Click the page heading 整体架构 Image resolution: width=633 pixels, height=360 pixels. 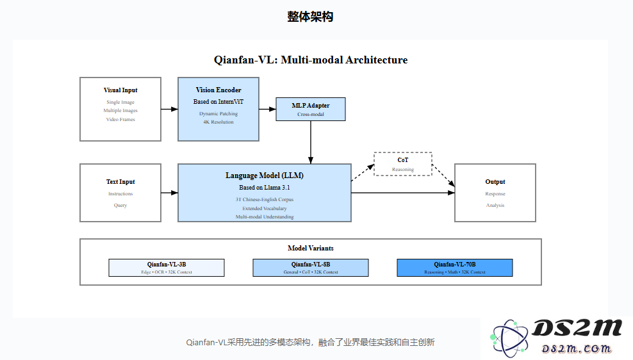(x=310, y=17)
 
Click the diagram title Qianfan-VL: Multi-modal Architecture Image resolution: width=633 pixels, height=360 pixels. (x=311, y=60)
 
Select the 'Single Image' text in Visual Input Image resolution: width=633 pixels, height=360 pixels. (x=120, y=102)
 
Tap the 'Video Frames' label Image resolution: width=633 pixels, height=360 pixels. (x=120, y=120)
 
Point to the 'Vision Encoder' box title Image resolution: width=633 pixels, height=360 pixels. (x=218, y=90)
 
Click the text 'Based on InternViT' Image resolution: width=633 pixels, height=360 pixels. (x=218, y=102)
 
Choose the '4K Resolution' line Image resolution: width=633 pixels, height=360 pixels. (x=218, y=122)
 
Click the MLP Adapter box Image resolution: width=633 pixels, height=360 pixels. (x=311, y=109)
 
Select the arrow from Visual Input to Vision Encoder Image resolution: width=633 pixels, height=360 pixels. (x=169, y=110)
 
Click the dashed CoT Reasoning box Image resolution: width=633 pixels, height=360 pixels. (x=403, y=164)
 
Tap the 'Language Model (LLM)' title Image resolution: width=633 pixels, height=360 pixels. (x=265, y=176)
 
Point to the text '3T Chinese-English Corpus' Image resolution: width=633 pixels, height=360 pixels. (x=265, y=199)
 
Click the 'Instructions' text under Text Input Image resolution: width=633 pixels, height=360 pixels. (x=120, y=194)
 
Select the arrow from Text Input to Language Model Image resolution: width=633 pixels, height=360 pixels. (x=169, y=193)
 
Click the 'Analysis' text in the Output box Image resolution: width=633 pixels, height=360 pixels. (x=495, y=206)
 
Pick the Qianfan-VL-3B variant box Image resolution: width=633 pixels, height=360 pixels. (x=167, y=268)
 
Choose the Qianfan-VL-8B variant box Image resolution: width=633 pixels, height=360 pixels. (x=311, y=268)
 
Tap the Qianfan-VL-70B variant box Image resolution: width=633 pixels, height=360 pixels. (x=455, y=268)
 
